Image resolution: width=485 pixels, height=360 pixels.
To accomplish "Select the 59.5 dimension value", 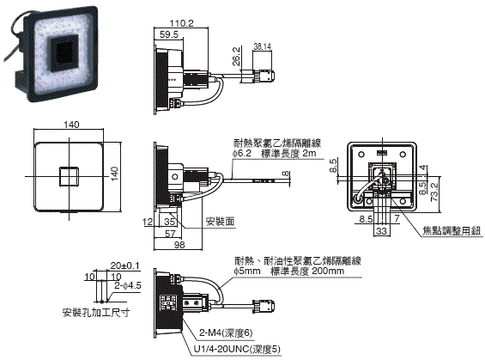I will pos(168,36).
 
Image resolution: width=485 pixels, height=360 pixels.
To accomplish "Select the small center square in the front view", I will pos(68,178).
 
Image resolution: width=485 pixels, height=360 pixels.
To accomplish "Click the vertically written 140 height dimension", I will pos(114,175).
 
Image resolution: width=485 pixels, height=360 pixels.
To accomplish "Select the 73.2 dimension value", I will pos(435,191).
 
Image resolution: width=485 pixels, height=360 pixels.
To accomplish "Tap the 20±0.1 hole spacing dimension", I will pos(124,265).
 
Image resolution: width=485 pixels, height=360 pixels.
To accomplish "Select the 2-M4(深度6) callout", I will pos(227,332).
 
